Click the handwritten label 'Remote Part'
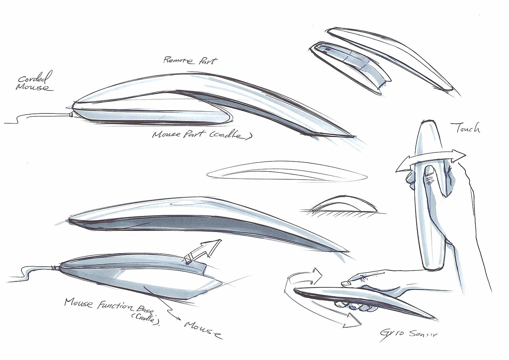pos(190,61)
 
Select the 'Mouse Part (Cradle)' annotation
pos(202,135)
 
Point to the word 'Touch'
pos(466,128)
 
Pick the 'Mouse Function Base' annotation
pos(109,306)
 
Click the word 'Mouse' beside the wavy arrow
pos(203,329)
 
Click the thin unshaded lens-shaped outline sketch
pos(287,171)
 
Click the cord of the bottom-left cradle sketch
pos(33,271)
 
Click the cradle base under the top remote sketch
pos(153,115)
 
